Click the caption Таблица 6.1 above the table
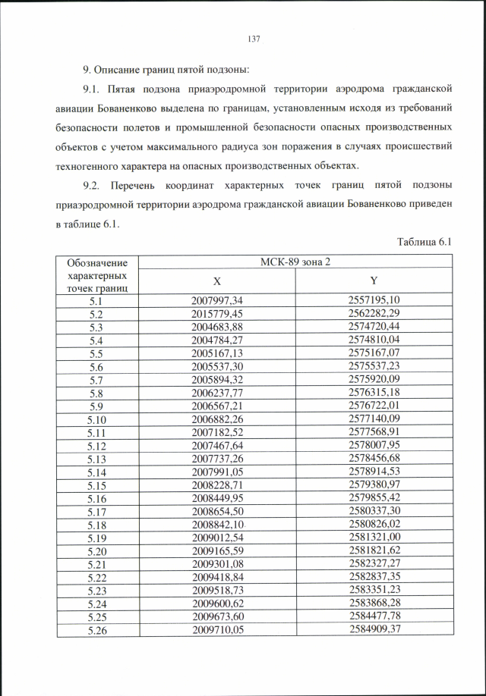pos(424,241)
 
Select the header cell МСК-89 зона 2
pos(295,262)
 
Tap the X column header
pos(216,281)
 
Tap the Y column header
pos(374,281)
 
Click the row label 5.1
pos(96,299)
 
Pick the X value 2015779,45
pos(217,313)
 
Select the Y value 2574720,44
pos(374,326)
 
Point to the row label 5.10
pos(96,419)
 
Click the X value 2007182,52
pos(217,431)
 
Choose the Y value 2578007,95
pos(374,445)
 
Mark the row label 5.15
pos(96,484)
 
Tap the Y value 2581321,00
pos(374,538)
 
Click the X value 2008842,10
pos(217,524)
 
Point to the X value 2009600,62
pos(217,604)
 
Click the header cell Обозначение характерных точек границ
pos(96,274)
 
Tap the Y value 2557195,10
pos(374,299)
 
